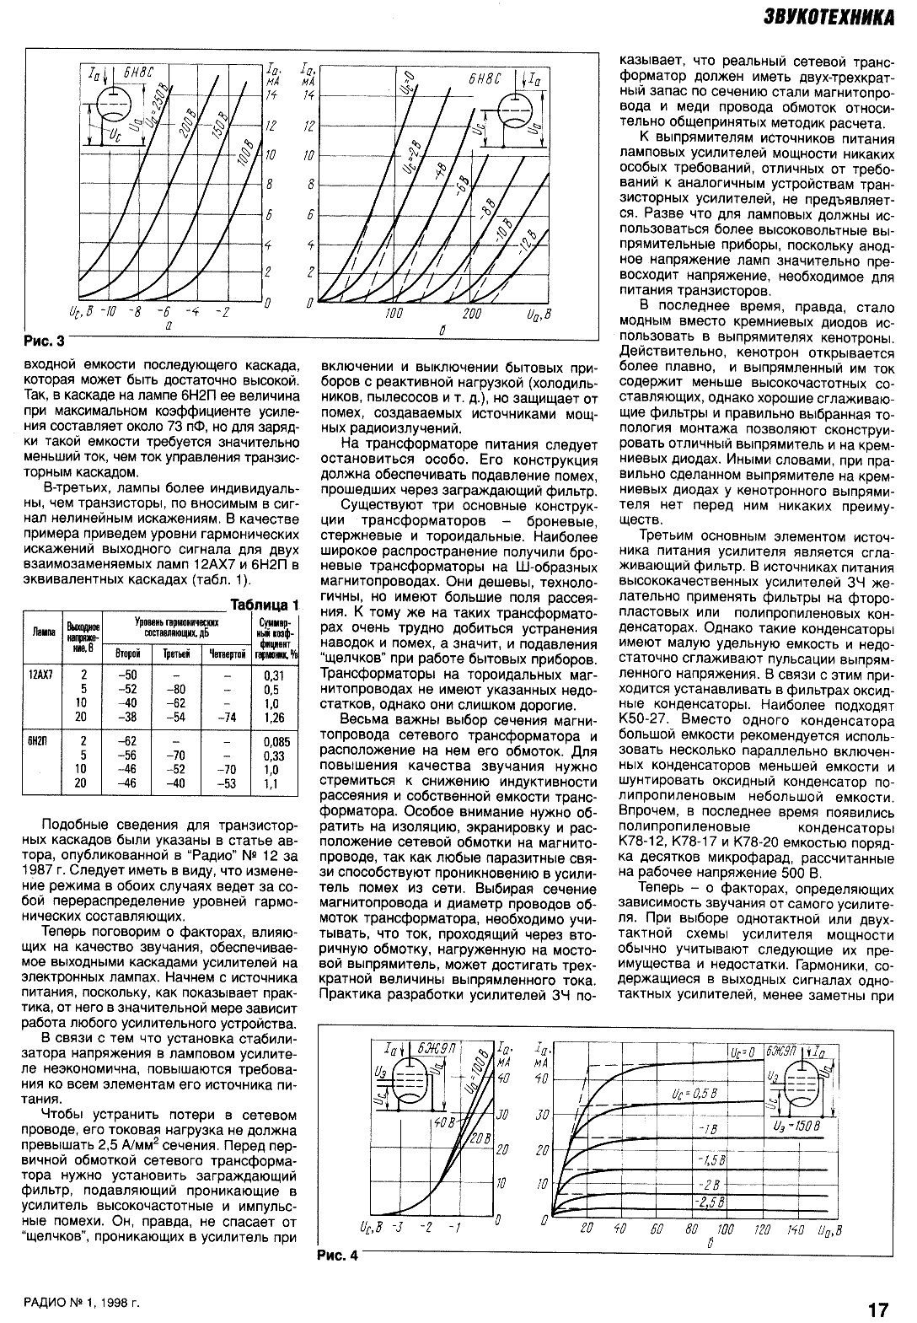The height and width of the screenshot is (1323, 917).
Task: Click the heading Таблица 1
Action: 265,605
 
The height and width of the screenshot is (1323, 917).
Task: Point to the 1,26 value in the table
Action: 275,718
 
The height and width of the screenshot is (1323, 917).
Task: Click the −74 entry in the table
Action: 226,718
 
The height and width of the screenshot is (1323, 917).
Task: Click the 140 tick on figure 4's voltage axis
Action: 795,1230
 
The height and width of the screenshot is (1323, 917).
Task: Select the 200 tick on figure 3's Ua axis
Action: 471,314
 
